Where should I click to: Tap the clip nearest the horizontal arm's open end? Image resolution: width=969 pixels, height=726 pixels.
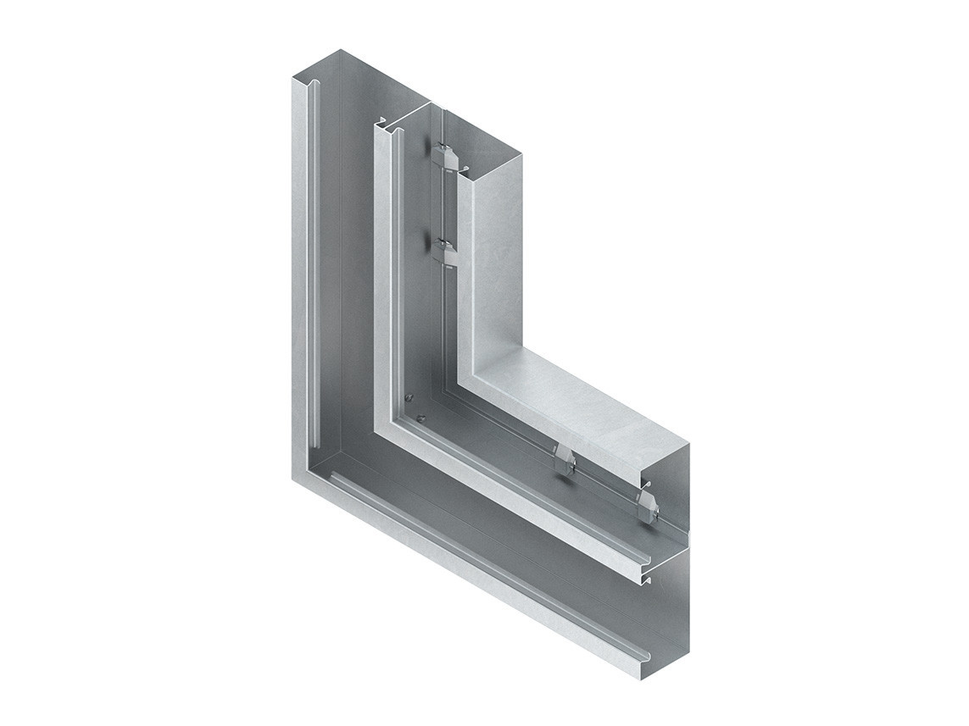point(647,505)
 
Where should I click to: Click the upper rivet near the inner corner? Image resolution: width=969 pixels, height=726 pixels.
point(409,396)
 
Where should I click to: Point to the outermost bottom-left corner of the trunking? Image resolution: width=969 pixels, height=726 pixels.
point(294,479)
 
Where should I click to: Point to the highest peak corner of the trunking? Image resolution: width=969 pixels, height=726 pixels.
point(341,50)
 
